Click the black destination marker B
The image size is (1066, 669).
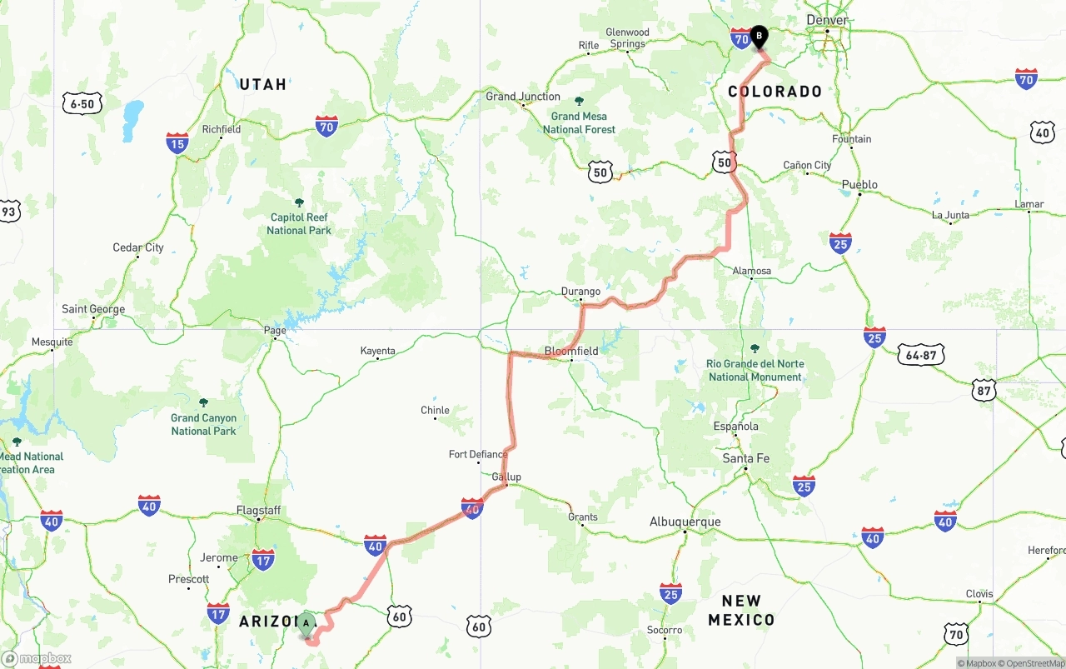759,36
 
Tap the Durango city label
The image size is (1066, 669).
580,292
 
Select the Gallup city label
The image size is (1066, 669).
506,477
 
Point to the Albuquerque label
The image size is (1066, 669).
685,522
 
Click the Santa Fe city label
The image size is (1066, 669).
746,458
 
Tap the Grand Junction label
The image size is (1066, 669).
523,97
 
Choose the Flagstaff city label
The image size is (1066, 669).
258,510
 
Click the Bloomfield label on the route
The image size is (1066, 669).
571,351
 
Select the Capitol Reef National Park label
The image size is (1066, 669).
299,224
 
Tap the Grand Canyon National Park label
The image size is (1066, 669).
204,424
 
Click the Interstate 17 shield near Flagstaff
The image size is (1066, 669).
263,560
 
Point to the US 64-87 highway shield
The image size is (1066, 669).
921,356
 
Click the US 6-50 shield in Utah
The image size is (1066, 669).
82,103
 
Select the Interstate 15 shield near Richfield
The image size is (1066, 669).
177,143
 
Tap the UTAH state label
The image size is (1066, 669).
263,84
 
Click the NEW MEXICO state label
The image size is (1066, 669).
741,610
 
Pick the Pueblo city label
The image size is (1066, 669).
859,184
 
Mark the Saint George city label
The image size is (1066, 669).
93,309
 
